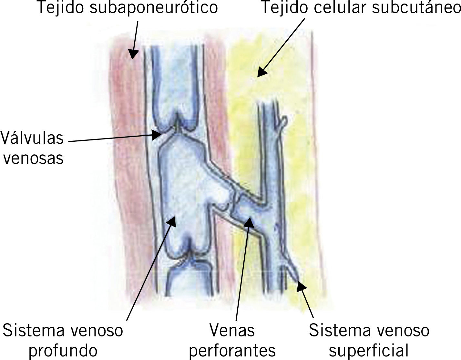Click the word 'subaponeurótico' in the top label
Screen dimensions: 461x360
[153, 8]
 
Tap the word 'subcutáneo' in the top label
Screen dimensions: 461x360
[416, 8]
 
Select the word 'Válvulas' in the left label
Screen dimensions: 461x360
[32, 138]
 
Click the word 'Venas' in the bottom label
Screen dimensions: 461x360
[232, 330]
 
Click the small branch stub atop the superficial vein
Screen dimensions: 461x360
[283, 122]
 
